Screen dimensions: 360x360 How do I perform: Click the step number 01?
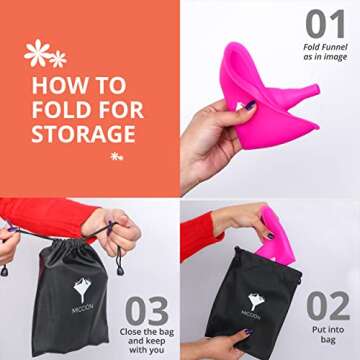tap(325, 24)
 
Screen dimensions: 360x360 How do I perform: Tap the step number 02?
tap(328, 306)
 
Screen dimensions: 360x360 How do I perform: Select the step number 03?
tap(147, 311)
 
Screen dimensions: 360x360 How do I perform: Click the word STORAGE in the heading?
tap(84, 134)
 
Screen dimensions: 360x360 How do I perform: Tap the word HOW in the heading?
tap(57, 85)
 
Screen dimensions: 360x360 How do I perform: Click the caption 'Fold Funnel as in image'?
tap(325, 52)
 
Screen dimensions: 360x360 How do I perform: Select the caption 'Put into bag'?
tap(328, 335)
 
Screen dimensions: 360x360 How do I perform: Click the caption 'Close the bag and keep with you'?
tap(147, 341)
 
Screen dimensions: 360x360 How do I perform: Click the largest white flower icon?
tap(37, 53)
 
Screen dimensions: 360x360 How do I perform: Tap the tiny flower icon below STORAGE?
tap(117, 156)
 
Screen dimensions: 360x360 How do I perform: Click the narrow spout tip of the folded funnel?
tap(315, 90)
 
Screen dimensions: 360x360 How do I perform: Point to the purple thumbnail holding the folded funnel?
tap(250, 105)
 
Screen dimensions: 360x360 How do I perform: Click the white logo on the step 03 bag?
tap(82, 288)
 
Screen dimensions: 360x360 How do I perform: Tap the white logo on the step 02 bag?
tap(256, 302)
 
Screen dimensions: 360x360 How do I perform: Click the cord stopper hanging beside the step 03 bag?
tap(120, 270)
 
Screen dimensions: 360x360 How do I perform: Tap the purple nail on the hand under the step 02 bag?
tap(249, 331)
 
